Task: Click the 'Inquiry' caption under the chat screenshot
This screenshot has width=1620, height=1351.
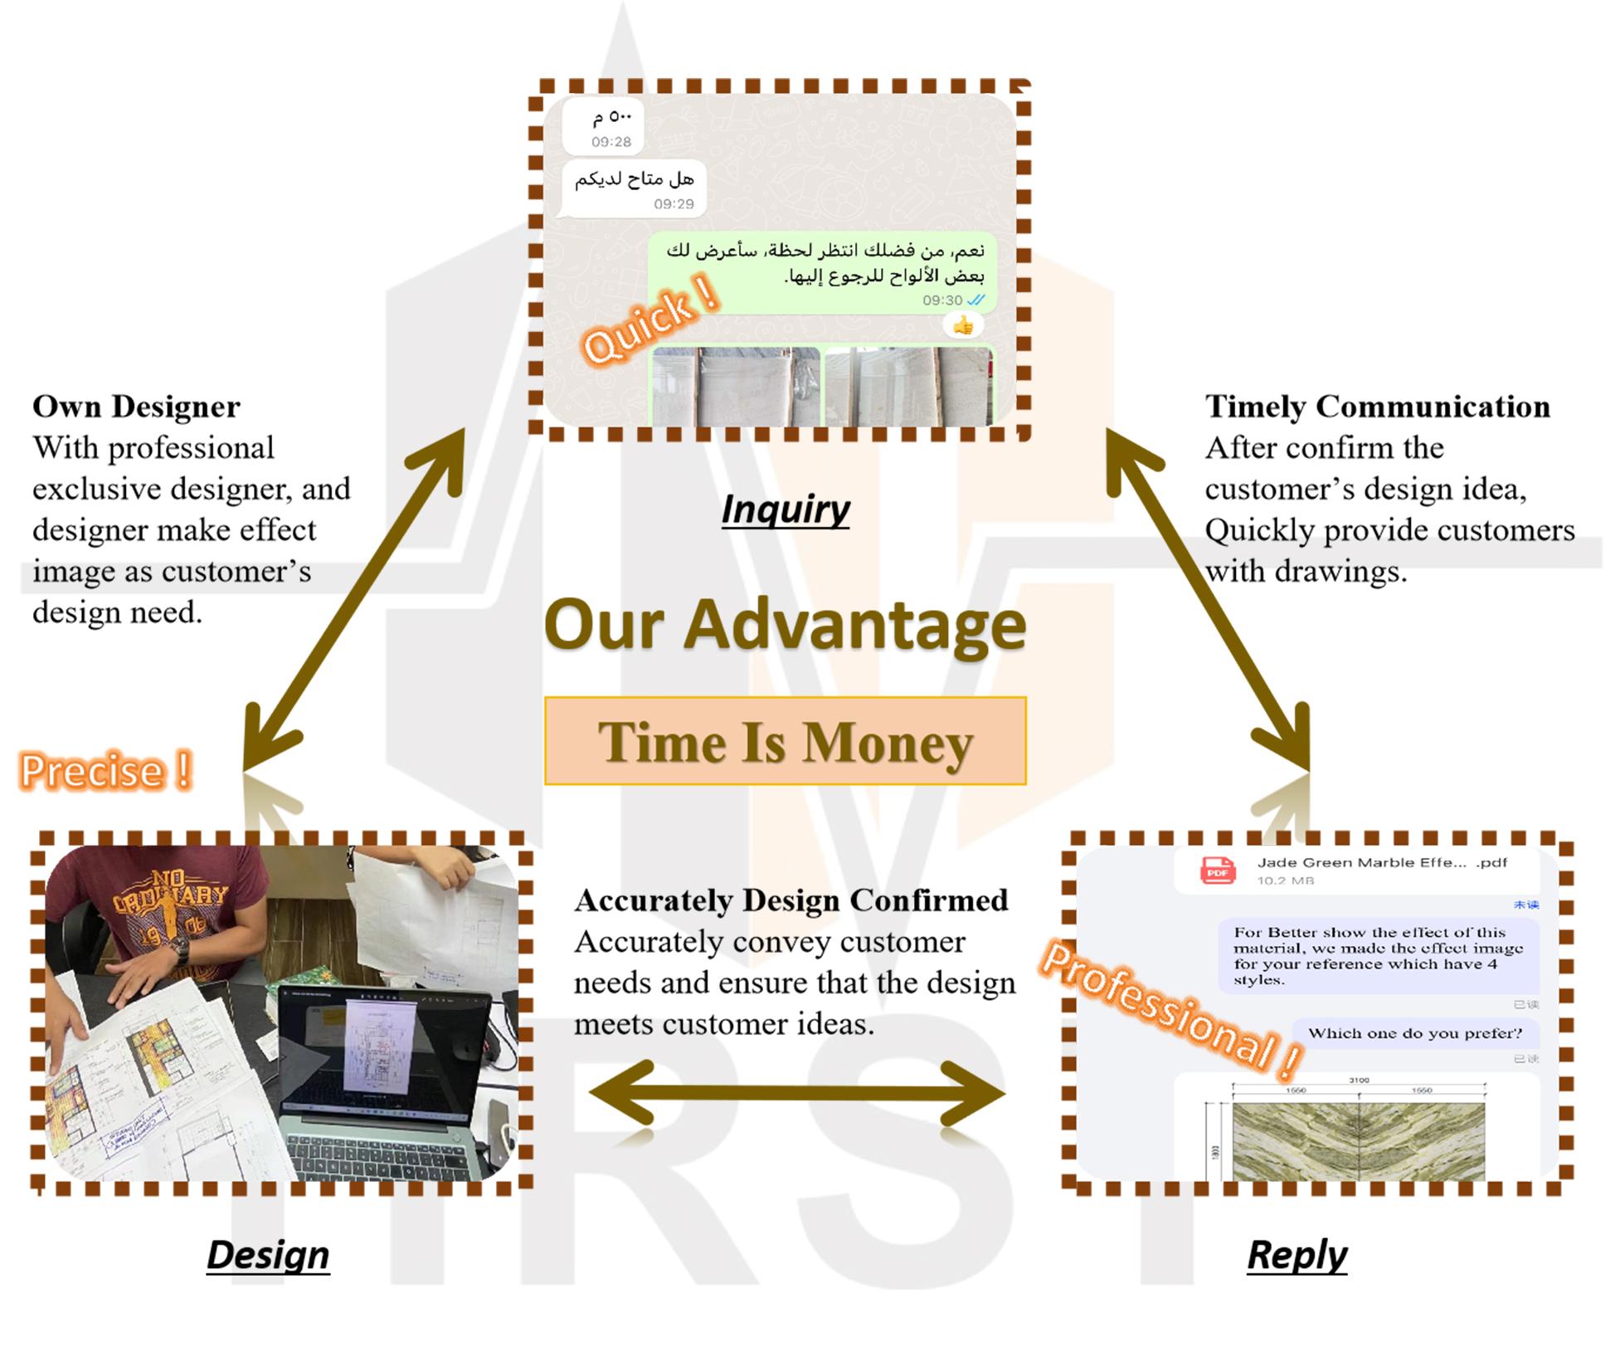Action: (785, 509)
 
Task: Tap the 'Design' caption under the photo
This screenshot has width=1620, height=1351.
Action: (267, 1254)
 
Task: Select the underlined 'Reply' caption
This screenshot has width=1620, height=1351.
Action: (1296, 1254)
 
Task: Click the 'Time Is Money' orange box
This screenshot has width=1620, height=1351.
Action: (785, 741)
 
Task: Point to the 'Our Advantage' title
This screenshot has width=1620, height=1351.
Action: (785, 624)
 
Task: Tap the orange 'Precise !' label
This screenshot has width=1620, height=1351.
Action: (106, 770)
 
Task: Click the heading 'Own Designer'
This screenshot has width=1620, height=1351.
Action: (136, 407)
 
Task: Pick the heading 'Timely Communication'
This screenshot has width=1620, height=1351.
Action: (1377, 407)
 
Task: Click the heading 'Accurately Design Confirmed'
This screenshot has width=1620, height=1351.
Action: (791, 900)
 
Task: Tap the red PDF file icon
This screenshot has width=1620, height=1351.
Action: (1217, 871)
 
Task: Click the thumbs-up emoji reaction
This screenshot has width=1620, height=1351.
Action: (963, 326)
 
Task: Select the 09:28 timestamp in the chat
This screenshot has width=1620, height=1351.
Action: (611, 142)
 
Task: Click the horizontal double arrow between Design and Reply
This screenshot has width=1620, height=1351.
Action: (796, 1094)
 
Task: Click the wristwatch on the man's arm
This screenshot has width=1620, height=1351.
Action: (178, 950)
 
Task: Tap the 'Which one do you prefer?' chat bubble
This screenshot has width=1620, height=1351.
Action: (1415, 1033)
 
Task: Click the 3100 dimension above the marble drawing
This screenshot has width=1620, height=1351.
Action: (1359, 1080)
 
